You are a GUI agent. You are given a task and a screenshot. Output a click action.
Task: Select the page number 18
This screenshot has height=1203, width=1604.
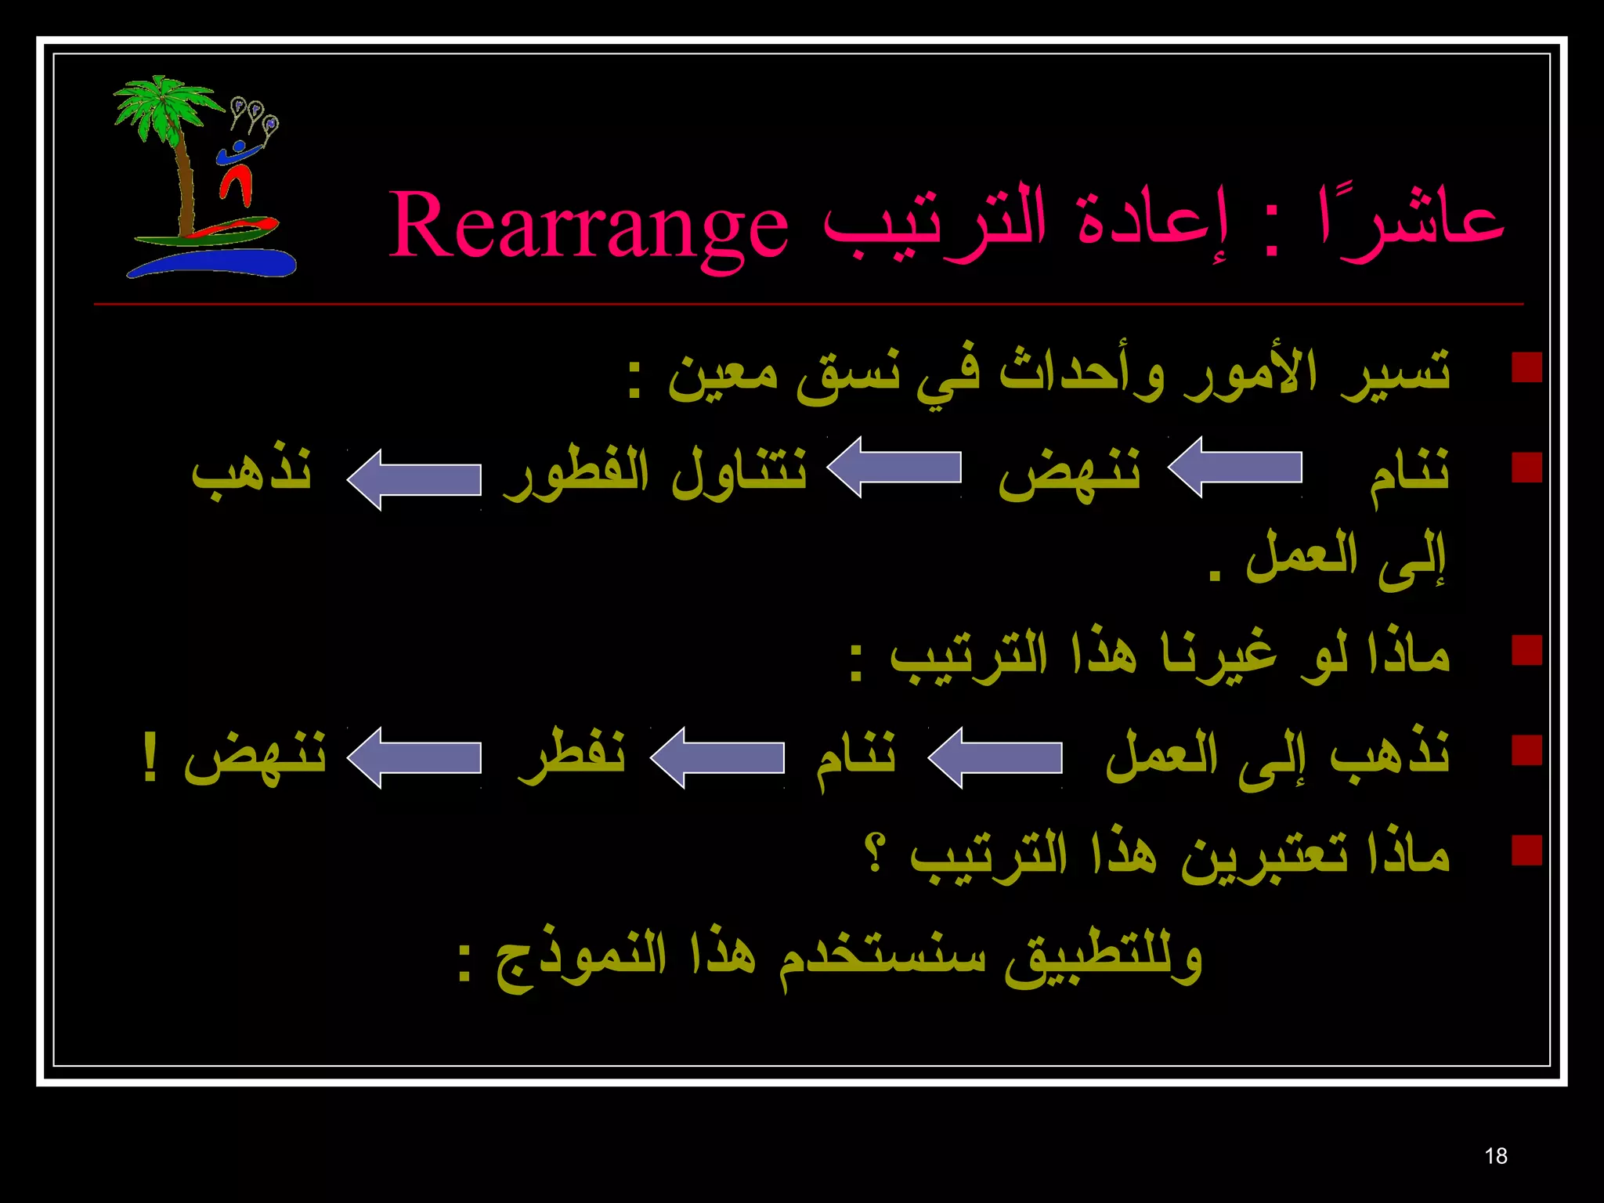(x=1495, y=1156)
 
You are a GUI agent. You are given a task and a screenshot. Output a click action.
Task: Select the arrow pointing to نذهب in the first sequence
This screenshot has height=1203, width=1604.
(x=414, y=479)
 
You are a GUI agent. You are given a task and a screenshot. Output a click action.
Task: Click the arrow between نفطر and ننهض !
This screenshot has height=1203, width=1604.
(x=414, y=757)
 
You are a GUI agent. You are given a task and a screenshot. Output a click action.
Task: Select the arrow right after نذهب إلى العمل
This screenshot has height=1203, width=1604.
(x=995, y=757)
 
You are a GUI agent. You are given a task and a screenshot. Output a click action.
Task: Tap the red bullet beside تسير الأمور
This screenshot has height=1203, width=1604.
(x=1526, y=367)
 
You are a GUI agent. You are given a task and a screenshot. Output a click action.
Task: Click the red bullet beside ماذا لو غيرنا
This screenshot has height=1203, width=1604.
(x=1526, y=650)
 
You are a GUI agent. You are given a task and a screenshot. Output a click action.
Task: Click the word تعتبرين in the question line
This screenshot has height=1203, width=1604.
(x=1265, y=855)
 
